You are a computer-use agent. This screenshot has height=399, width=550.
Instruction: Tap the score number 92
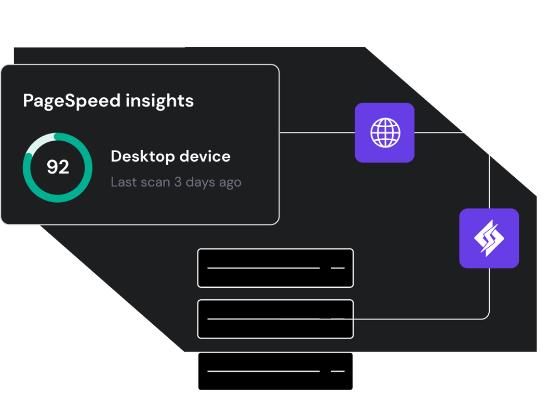click(58, 167)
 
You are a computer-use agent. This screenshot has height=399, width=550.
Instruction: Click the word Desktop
click(141, 156)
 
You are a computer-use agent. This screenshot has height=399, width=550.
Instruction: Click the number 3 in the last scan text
click(178, 182)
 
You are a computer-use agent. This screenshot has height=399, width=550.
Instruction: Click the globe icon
click(384, 132)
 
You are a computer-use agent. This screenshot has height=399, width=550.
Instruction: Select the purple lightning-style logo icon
click(489, 238)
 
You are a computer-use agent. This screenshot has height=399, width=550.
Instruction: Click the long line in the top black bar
click(263, 268)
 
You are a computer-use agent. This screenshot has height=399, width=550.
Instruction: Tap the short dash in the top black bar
click(338, 268)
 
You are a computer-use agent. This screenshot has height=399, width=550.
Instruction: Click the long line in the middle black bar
click(263, 318)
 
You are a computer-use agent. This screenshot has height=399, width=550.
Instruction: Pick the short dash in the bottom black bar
click(338, 371)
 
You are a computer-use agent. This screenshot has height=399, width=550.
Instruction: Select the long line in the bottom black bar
click(263, 371)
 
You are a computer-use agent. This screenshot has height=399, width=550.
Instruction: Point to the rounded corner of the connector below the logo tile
click(486, 315)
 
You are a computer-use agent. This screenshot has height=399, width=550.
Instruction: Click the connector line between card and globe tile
click(317, 133)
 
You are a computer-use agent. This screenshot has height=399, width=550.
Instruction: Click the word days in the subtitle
click(200, 183)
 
